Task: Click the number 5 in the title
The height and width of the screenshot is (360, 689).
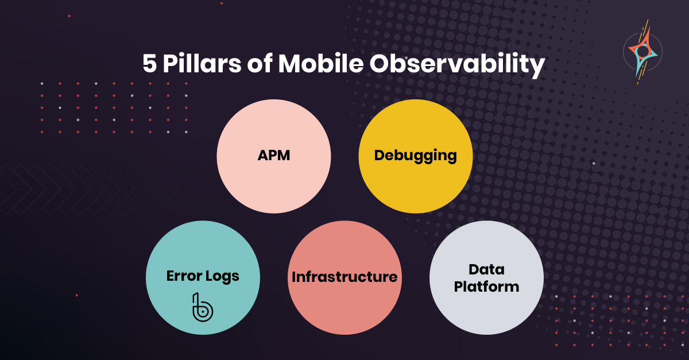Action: pyautogui.click(x=150, y=64)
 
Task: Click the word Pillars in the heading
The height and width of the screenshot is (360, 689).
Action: pyautogui.click(x=202, y=63)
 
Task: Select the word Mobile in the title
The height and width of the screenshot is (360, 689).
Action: pyautogui.click(x=321, y=63)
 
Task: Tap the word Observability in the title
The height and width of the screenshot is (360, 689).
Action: pyautogui.click(x=458, y=65)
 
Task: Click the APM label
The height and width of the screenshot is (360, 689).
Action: pyautogui.click(x=274, y=155)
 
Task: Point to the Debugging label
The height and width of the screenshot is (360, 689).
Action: pyautogui.click(x=415, y=156)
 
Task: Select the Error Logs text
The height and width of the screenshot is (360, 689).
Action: pyautogui.click(x=203, y=276)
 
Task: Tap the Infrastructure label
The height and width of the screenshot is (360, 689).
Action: pyautogui.click(x=344, y=277)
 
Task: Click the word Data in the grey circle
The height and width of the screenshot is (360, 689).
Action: pyautogui.click(x=487, y=269)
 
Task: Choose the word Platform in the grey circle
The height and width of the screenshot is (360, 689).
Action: pyautogui.click(x=487, y=287)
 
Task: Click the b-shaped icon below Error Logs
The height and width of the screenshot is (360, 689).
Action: pyautogui.click(x=203, y=308)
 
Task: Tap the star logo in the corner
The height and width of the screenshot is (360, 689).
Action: pyautogui.click(x=642, y=52)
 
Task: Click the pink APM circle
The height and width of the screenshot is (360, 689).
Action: pyautogui.click(x=274, y=156)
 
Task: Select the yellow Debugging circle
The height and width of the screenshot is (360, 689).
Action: pyautogui.click(x=416, y=156)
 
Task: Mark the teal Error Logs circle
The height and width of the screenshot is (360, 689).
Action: pyautogui.click(x=203, y=277)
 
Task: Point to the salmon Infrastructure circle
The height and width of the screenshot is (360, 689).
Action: pyautogui.click(x=345, y=277)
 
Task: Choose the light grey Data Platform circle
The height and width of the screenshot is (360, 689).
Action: pyautogui.click(x=487, y=277)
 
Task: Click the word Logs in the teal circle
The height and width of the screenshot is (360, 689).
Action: pyautogui.click(x=222, y=277)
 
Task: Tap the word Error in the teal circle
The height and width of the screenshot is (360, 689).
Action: pyautogui.click(x=184, y=276)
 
